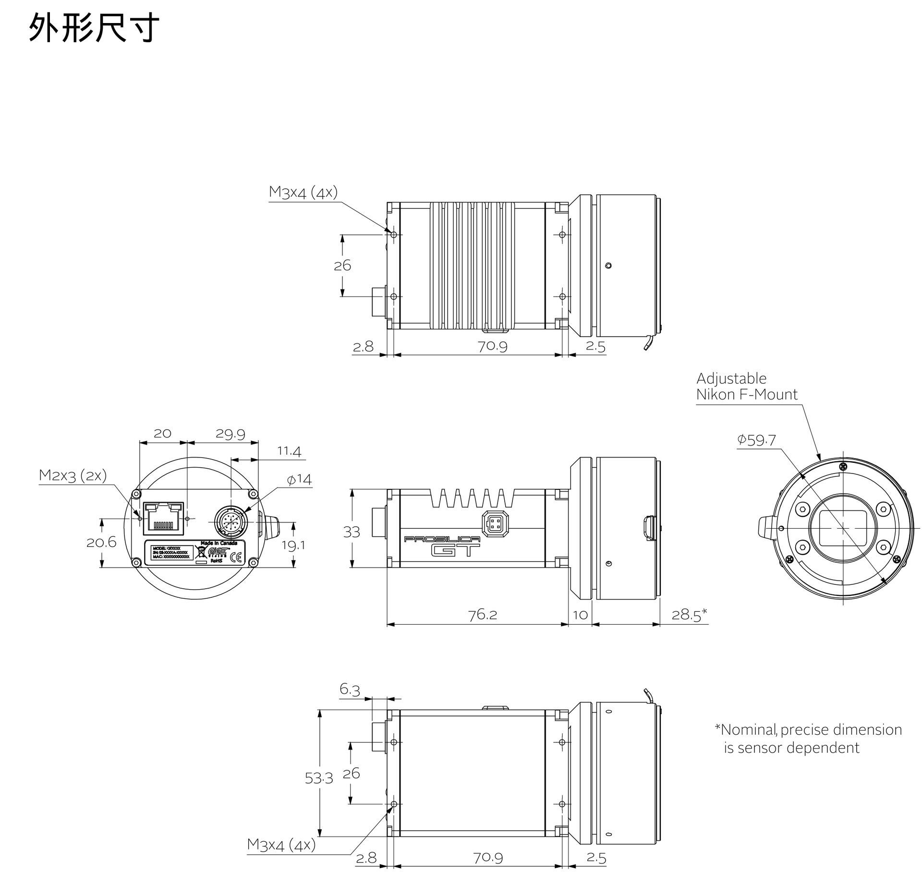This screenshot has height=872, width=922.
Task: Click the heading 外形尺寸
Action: point(94,28)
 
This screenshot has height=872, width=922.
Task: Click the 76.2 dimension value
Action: point(483,615)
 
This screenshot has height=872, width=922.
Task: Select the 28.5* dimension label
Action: point(689,614)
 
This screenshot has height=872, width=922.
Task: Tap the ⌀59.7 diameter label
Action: point(756,440)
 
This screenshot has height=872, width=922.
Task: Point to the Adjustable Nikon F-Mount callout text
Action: point(746,387)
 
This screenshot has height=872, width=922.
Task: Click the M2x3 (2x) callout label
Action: point(73,475)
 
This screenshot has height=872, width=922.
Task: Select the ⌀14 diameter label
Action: point(299,479)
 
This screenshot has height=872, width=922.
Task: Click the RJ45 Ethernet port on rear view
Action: point(163,518)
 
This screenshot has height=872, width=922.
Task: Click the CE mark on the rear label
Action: point(236,557)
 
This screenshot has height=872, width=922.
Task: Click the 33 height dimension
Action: point(352,532)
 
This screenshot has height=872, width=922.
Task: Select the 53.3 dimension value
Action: point(318,778)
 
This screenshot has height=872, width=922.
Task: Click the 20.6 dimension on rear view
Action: point(101,542)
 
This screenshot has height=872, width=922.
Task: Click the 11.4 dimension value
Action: point(289,451)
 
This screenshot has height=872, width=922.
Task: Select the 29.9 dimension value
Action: point(230,434)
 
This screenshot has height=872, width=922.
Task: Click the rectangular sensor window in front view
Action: point(842,528)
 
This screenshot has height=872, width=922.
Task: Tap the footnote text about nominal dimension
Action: point(808,739)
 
